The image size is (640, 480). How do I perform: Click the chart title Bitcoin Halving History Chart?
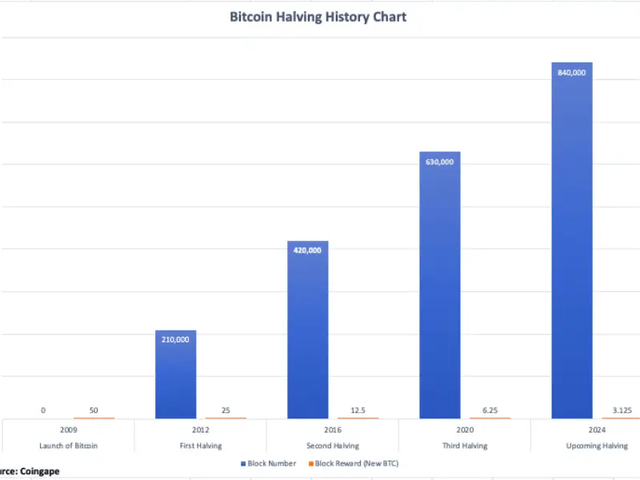click(318, 17)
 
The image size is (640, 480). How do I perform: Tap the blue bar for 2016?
click(308, 336)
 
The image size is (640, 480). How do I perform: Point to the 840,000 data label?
click(572, 73)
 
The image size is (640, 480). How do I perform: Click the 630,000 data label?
click(440, 162)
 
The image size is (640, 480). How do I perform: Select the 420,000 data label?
click(308, 250)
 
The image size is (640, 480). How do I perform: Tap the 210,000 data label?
click(176, 339)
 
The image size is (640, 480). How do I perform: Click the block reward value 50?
click(94, 410)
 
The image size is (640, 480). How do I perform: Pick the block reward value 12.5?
click(358, 410)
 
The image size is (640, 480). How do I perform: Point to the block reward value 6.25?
click(490, 410)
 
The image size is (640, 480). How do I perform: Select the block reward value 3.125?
click(622, 410)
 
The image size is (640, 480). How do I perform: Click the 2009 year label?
click(68, 430)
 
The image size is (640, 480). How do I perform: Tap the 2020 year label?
click(464, 430)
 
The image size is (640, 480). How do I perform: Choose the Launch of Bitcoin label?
click(68, 446)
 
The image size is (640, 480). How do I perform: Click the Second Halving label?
click(332, 446)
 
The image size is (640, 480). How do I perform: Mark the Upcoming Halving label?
click(596, 446)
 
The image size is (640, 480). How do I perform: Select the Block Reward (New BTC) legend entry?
click(356, 463)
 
